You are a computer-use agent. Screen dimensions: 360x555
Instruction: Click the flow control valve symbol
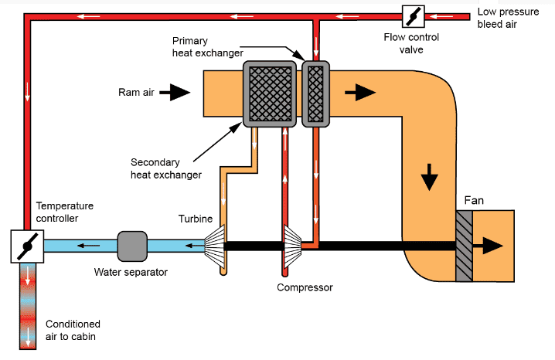[x=412, y=15]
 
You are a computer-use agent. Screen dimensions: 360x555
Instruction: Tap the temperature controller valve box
[x=27, y=246]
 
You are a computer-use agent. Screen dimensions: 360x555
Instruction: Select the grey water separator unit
[x=131, y=246]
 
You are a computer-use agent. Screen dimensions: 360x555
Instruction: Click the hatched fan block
[x=464, y=246]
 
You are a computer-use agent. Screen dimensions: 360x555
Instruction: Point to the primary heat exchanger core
[x=314, y=94]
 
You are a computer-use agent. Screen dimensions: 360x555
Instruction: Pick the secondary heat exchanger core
[x=270, y=94]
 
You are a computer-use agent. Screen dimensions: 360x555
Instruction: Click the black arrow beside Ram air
[x=175, y=93]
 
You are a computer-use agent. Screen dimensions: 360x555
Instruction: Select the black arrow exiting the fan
[x=489, y=246]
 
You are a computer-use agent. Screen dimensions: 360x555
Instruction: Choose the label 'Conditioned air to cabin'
[x=73, y=330]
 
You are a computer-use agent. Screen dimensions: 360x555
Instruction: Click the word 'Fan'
[x=474, y=201]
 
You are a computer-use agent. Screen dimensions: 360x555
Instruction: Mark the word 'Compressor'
[x=305, y=287]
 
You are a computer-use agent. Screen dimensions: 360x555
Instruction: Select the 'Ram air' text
[x=137, y=93]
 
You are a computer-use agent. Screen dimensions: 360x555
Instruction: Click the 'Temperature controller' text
[x=65, y=212]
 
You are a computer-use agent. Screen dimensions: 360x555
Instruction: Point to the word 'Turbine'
[x=195, y=219]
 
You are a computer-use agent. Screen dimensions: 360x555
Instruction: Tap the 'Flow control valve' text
[x=410, y=43]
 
